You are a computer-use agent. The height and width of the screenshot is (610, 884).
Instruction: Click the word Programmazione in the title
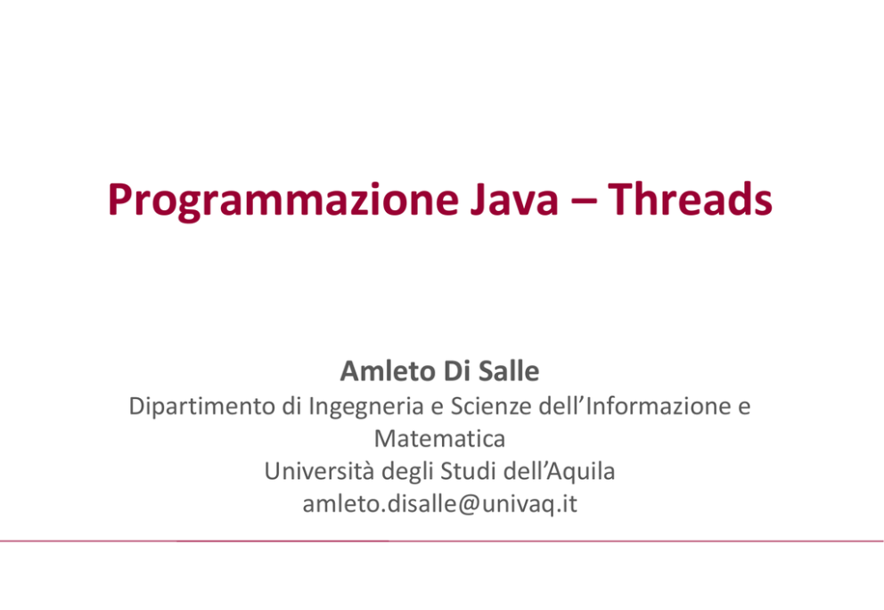click(x=283, y=200)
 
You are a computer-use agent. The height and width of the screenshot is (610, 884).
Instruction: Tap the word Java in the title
click(x=514, y=199)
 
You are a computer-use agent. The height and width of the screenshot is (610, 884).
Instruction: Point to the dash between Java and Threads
click(x=583, y=201)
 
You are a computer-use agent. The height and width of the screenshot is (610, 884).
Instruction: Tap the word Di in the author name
click(x=456, y=370)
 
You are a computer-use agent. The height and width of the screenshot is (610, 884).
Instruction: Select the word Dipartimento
click(x=201, y=406)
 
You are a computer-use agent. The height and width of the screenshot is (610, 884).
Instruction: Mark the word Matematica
click(x=439, y=438)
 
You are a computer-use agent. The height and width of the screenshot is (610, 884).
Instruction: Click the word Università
click(x=319, y=471)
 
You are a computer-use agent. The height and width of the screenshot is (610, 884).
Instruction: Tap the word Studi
click(x=467, y=471)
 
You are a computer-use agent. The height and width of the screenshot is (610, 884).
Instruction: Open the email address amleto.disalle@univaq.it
click(x=439, y=504)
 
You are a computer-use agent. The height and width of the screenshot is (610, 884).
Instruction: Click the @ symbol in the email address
click(x=469, y=505)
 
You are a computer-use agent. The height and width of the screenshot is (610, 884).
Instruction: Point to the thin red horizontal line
click(x=442, y=541)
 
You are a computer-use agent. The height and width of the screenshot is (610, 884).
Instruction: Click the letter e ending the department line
click(x=744, y=408)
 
